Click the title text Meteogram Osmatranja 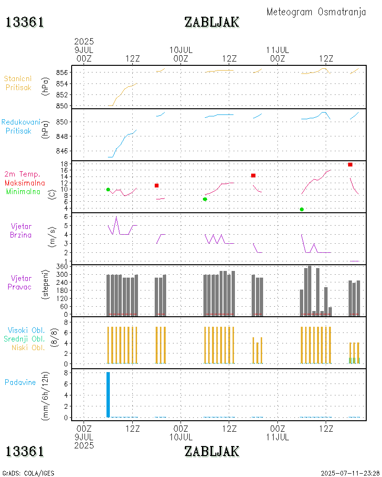pos(316,12)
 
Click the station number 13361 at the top pos(25,22)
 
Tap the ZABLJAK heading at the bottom pos(212,451)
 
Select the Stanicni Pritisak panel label pos(19,83)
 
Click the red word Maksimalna pos(25,183)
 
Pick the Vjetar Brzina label pos(21,230)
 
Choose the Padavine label pos(20,382)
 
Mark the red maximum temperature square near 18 pos(350,165)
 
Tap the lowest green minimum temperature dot pos(302,209)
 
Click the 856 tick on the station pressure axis pos(65,73)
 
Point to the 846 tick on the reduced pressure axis pos(65,151)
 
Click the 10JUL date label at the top pos(181,50)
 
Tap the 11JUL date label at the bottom pos(277,436)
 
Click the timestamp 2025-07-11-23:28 pos(350,473)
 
